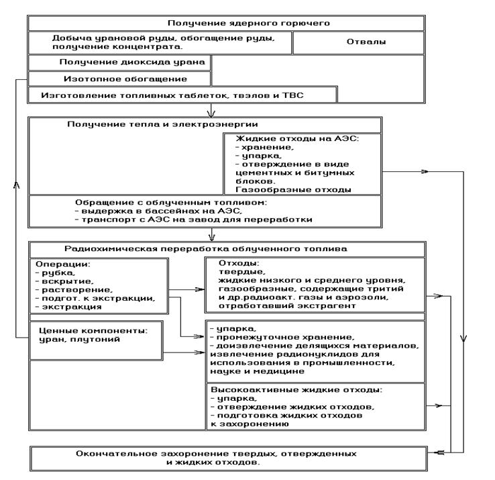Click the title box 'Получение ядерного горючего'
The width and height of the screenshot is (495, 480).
point(226,23)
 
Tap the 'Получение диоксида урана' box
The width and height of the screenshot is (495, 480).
point(120,62)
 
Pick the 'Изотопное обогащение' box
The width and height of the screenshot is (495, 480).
point(120,79)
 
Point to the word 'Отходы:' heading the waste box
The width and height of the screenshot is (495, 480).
point(231,264)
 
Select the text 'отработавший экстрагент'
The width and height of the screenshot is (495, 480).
point(274,306)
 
